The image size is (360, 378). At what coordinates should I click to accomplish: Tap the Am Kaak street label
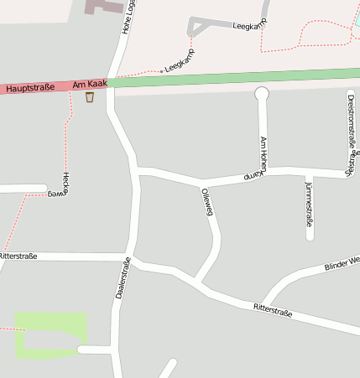point(89,84)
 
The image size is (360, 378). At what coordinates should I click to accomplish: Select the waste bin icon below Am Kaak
point(90,97)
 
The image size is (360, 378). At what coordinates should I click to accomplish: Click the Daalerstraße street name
point(123,278)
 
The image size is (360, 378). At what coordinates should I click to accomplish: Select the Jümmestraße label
point(309,204)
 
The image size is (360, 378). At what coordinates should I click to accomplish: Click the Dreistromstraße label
point(351,134)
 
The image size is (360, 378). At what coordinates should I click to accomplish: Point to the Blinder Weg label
point(342,265)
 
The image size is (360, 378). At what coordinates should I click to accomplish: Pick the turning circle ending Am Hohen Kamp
point(261,93)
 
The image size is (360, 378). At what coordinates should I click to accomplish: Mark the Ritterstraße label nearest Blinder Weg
point(273,312)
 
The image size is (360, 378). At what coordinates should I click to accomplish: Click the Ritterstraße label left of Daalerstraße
point(18,256)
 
